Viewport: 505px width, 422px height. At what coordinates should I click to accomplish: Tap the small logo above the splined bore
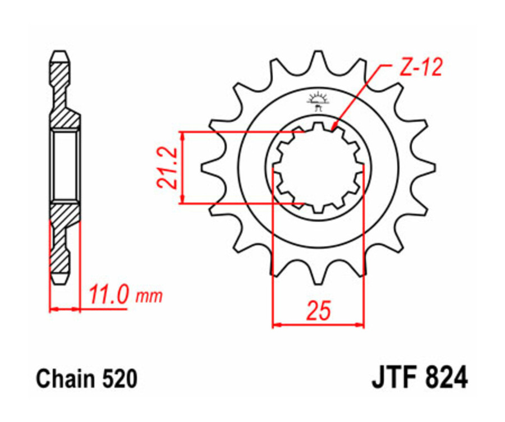coord(318,100)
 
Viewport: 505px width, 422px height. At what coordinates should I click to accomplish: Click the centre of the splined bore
coord(318,167)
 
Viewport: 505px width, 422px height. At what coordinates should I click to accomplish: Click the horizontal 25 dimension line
coord(318,324)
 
